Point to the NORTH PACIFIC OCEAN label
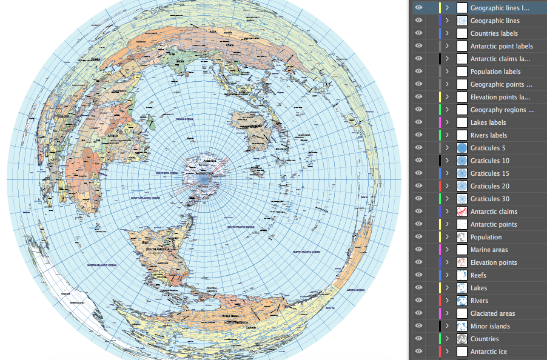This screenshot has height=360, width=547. pyautogui.click(x=306, y=251)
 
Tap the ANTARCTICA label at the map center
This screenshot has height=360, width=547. pyautogui.click(x=204, y=173)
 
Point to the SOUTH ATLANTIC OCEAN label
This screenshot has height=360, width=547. pyautogui.click(x=147, y=198)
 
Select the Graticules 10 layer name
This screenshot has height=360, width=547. pyautogui.click(x=490, y=161)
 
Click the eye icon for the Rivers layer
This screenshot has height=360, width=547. pyautogui.click(x=418, y=301)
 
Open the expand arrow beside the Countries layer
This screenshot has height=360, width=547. pyautogui.click(x=447, y=339)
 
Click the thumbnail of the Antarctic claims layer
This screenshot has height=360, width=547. pyautogui.click(x=462, y=212)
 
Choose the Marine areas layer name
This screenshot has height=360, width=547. pyautogui.click(x=489, y=250)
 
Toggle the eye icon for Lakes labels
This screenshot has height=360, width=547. pyautogui.click(x=418, y=122)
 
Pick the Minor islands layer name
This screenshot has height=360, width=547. pyautogui.click(x=490, y=326)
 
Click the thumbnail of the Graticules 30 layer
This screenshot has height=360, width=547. pyautogui.click(x=462, y=199)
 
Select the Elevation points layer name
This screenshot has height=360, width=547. pyautogui.click(x=494, y=262)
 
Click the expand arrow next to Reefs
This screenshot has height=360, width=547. pyautogui.click(x=447, y=275)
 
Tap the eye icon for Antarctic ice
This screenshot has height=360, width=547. pyautogui.click(x=418, y=352)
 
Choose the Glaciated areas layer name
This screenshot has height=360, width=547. pyautogui.click(x=492, y=313)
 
